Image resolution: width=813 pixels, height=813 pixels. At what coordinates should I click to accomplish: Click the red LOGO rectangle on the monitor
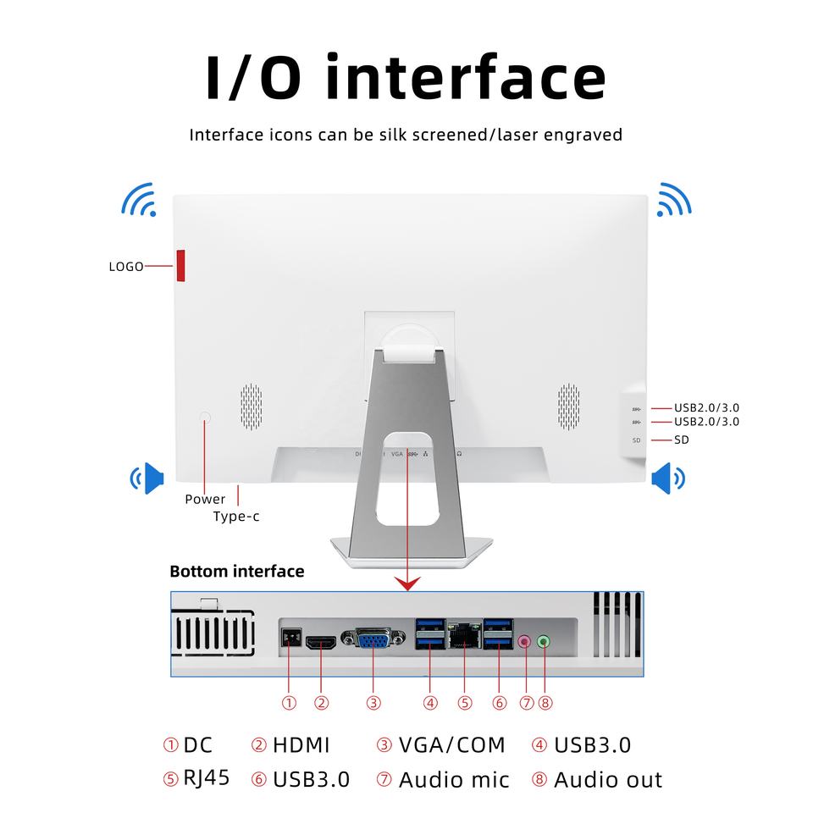pos(181,266)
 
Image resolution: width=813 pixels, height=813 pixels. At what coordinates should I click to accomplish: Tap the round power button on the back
pos(205,417)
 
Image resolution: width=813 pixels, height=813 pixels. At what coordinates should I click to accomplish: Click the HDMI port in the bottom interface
pos(321,642)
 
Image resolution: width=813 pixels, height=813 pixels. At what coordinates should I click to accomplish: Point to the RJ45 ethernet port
pos(464,634)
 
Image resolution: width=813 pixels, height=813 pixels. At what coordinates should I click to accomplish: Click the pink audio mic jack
pos(526,642)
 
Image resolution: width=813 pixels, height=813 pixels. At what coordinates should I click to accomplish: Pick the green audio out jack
pos(544,642)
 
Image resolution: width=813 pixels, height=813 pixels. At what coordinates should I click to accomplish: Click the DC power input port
pos(289,638)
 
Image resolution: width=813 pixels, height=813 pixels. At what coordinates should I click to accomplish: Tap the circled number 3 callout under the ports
pos(373,702)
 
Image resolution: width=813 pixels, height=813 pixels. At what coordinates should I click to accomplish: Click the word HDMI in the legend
pos(301,745)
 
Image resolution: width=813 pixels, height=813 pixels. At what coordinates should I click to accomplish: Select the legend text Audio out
pos(608,780)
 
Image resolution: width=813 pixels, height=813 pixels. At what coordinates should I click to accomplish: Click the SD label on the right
pos(682,440)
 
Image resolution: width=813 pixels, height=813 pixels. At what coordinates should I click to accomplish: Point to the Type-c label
pos(236,517)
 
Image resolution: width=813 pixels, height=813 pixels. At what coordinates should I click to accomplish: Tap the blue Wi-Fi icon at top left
pos(139,199)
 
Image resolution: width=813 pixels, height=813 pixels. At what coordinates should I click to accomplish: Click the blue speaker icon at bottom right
pos(667,478)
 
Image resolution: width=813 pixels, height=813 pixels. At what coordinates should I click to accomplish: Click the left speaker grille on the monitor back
pos(251,405)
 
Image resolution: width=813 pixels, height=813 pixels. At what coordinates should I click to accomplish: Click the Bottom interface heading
pos(237,572)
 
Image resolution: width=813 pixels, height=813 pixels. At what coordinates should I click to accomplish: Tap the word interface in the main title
pos(466,78)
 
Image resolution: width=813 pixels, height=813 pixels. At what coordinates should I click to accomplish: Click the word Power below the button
pos(205,499)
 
